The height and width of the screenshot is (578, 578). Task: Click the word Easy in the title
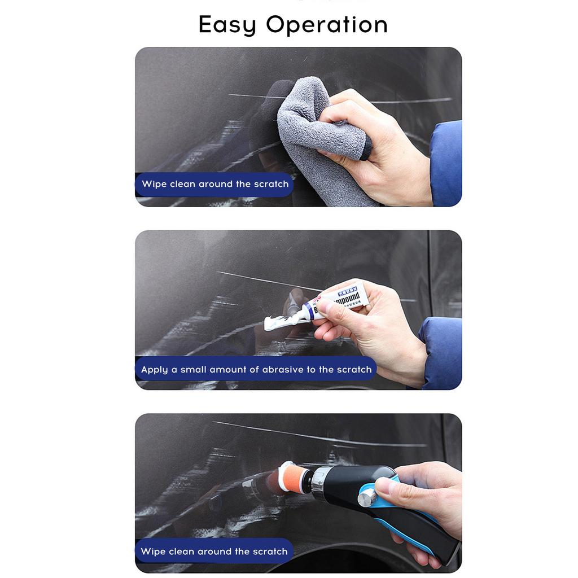click(x=227, y=25)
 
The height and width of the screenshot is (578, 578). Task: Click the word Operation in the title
click(x=327, y=25)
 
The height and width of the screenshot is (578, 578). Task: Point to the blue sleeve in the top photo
click(x=446, y=164)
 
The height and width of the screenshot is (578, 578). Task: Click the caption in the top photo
click(x=214, y=184)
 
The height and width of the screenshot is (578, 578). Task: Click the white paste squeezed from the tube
click(x=282, y=322)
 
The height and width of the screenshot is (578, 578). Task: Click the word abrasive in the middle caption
click(x=283, y=370)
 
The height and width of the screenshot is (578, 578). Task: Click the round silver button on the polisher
click(x=367, y=498)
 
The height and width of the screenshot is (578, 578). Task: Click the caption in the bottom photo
click(x=214, y=551)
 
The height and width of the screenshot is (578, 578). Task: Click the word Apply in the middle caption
click(x=155, y=370)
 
